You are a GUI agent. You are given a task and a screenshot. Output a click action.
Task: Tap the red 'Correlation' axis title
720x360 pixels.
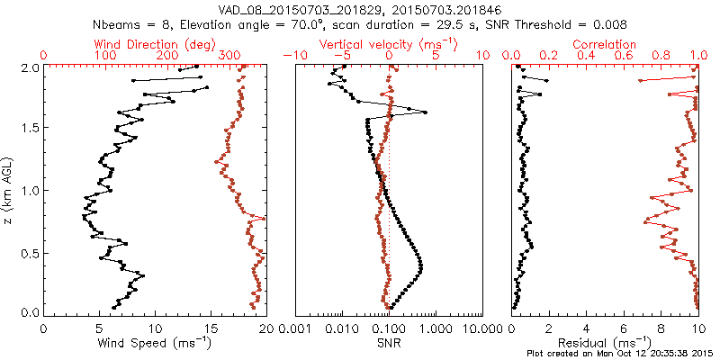[x=604, y=44]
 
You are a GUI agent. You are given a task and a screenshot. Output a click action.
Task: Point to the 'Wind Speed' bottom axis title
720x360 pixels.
[x=155, y=343]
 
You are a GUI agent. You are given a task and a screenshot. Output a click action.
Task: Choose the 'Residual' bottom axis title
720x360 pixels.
[x=604, y=343]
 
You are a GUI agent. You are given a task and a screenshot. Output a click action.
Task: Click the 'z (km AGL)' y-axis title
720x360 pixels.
[x=9, y=190]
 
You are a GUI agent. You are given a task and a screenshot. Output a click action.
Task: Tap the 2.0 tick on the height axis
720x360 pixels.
[x=29, y=67]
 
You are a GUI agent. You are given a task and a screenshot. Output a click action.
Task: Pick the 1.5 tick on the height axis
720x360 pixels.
[x=29, y=129]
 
